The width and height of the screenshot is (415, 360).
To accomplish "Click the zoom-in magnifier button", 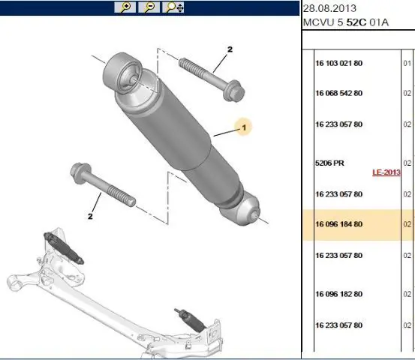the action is (125, 7).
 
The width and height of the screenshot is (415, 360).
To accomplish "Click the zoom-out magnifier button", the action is (149, 7).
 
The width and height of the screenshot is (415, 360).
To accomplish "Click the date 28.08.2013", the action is (329, 8).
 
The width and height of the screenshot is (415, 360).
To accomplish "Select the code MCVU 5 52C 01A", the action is (346, 22).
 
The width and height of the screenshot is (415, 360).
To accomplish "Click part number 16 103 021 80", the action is (338, 63).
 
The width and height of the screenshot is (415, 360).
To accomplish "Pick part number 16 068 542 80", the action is (338, 93).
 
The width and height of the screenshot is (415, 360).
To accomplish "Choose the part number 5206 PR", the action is (329, 163).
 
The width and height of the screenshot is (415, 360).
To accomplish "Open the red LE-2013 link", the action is (386, 172).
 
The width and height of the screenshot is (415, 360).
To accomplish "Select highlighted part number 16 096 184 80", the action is (338, 224).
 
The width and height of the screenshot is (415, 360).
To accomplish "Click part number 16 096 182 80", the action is (338, 294).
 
